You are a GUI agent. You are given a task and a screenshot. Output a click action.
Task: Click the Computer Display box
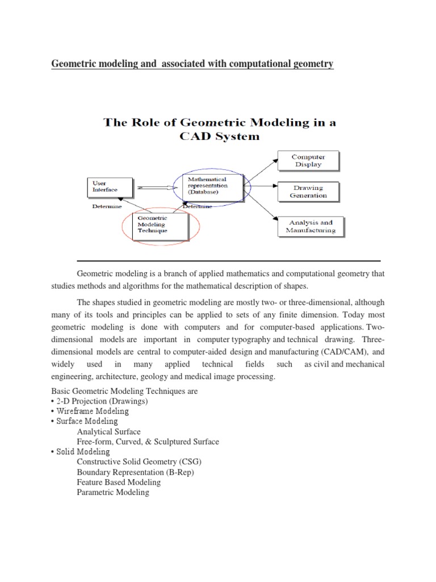pos(308,161)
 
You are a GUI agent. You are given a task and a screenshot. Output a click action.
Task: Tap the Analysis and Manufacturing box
pos(310,226)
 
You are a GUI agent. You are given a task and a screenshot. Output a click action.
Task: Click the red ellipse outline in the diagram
pos(124,227)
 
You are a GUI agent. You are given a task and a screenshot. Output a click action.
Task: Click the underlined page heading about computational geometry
pos(192,65)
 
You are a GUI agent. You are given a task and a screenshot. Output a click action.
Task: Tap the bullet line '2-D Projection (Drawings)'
pos(102,401)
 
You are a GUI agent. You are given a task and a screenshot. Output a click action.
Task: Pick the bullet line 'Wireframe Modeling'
pos(93,411)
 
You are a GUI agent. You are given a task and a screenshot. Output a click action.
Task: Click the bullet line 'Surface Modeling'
pos(87,421)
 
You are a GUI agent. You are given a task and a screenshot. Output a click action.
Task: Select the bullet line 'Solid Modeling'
pos(83,451)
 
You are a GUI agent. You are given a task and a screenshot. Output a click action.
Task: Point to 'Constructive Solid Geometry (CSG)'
pos(140,462)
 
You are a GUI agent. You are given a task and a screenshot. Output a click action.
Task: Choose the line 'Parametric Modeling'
pos(113,492)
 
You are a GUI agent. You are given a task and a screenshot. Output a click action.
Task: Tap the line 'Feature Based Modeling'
pos(119,482)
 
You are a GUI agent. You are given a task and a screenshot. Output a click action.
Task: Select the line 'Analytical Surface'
pos(109,431)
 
